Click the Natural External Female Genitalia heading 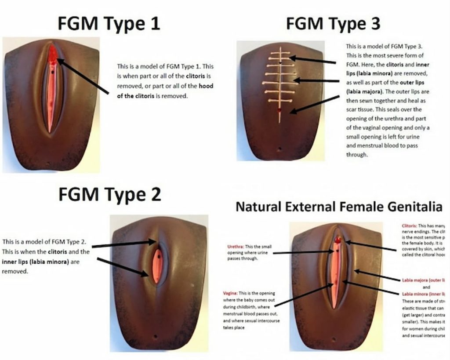coord(338,206)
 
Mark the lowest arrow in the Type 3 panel coord(315,104)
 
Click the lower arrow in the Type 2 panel coord(123,267)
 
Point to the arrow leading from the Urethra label coord(303,252)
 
